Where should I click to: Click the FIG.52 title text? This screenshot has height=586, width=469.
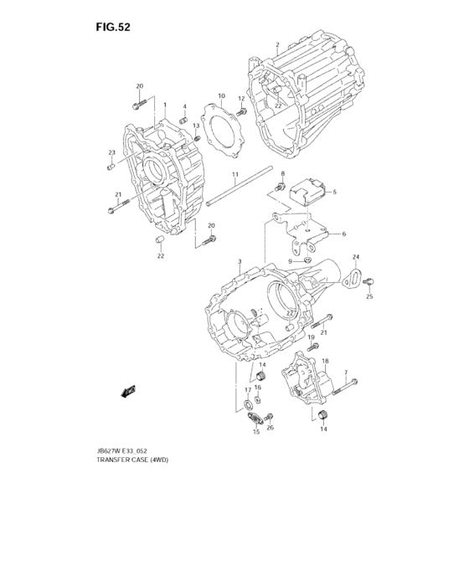coord(112,26)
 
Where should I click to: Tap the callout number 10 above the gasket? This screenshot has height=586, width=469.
coord(222,96)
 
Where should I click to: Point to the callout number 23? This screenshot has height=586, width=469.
coord(111,152)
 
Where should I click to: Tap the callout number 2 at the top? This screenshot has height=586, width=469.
coord(277,44)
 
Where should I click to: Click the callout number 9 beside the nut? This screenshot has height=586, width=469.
coord(291,261)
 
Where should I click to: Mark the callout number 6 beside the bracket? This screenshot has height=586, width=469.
coord(343,234)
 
